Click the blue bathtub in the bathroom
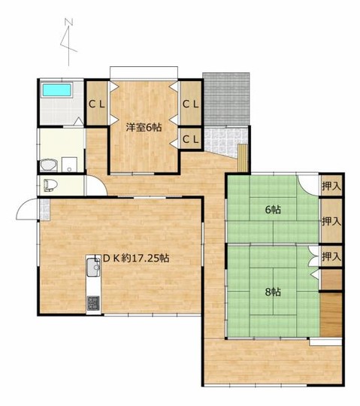57,90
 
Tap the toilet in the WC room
50,186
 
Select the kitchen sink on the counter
93,268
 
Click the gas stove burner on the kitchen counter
93,303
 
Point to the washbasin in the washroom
49,165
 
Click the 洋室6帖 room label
144,127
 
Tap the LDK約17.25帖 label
132,258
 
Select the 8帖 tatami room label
273,292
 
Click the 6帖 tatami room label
273,210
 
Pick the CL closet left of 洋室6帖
97,105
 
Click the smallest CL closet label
191,140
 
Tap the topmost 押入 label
331,186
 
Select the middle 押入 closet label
331,221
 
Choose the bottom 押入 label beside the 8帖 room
331,256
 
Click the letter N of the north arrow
68,23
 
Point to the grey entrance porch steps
226,99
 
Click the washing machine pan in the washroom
69,165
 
